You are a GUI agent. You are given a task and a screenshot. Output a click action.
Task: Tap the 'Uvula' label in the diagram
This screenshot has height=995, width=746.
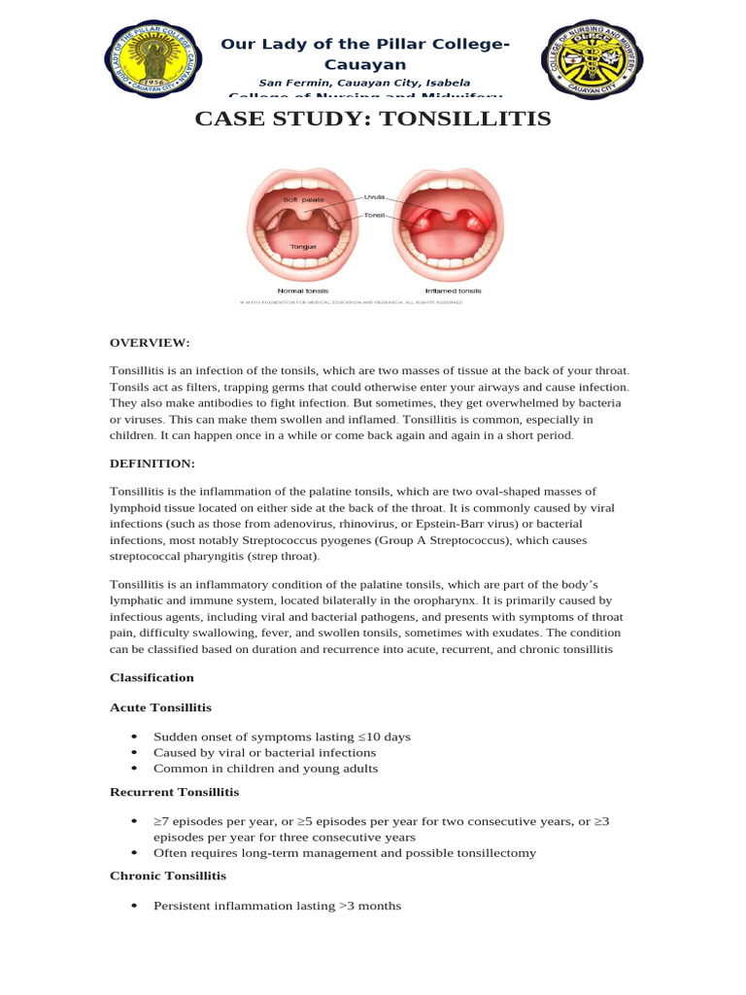(374, 196)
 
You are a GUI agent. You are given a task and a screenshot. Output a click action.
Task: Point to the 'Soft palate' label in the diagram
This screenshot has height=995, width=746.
(303, 199)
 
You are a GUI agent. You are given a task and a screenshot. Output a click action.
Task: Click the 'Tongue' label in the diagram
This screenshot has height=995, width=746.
(303, 247)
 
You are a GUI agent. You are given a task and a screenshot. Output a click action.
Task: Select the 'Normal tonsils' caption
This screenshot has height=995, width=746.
(303, 291)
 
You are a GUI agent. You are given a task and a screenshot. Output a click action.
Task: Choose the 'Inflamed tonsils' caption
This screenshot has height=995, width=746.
(453, 291)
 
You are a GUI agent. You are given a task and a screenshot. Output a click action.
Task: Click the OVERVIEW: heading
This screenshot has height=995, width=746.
(150, 343)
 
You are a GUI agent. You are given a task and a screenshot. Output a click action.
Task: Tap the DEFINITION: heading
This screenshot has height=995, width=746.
(153, 463)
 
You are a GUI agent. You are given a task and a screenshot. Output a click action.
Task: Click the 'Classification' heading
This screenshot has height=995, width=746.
(152, 677)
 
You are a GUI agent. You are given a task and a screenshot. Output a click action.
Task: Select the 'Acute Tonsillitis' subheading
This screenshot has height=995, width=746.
(160, 707)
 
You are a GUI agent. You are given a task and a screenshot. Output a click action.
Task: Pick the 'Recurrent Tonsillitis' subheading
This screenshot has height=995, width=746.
(174, 793)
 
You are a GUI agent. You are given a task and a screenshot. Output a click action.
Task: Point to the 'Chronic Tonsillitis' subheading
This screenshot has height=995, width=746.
(168, 875)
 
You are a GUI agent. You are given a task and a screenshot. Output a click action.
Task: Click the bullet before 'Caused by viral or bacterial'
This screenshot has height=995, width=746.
(133, 752)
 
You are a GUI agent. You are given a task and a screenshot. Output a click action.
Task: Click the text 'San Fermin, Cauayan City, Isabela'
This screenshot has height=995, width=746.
(364, 83)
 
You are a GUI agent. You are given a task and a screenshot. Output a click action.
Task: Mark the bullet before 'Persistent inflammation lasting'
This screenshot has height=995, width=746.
(133, 906)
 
